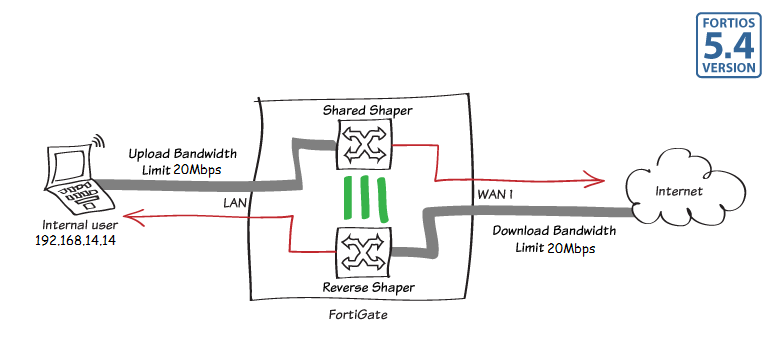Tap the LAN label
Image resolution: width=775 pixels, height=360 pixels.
(236, 203)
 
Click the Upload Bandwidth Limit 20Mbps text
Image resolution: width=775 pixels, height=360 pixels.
(175, 163)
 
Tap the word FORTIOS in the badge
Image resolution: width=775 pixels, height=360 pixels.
(727, 20)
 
